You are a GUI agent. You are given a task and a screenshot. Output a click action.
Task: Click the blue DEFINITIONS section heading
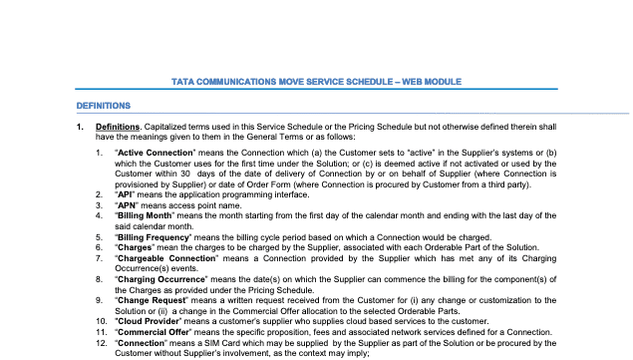tap(104, 105)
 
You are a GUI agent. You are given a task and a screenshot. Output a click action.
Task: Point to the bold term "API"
tap(127, 193)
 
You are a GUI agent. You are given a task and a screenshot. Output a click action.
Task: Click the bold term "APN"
tap(128, 204)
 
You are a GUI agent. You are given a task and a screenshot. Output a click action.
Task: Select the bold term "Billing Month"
tap(147, 215)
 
